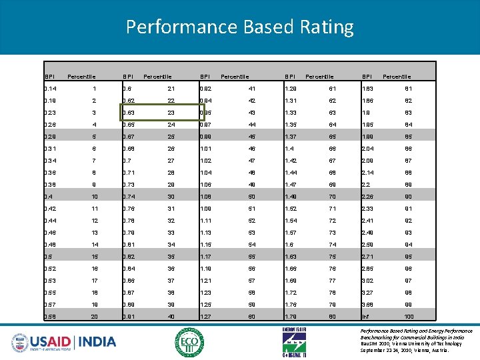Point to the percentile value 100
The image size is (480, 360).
click(409, 316)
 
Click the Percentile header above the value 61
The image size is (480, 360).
click(319, 76)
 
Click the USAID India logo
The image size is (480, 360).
click(63, 341)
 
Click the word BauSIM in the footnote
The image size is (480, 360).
click(371, 344)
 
